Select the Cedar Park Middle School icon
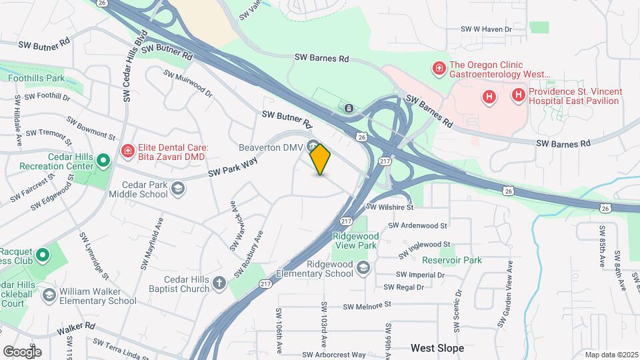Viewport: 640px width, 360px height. [x=177, y=190]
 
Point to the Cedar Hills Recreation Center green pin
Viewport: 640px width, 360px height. [x=103, y=161]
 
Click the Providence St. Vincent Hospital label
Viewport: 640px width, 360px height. [x=575, y=96]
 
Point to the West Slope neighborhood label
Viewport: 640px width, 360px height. [x=437, y=348]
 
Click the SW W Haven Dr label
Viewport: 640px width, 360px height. [x=486, y=29]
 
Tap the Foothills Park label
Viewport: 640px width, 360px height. [x=37, y=78]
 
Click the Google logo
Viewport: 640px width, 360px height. [x=22, y=351]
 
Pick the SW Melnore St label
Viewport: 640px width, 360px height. [x=367, y=306]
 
